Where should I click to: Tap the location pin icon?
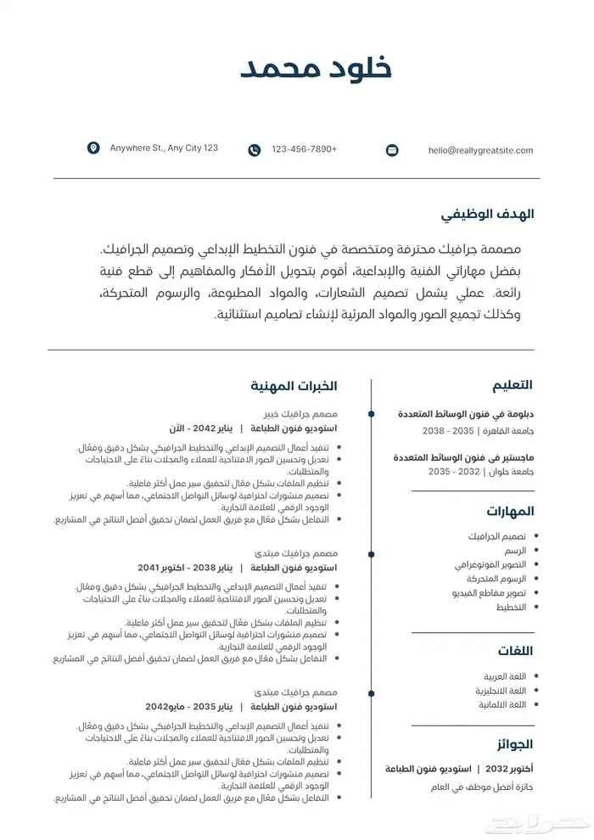coord(93,148)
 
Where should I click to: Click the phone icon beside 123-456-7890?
coord(255,150)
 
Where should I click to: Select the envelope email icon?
coord(392,150)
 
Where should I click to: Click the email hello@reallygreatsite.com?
coord(480,150)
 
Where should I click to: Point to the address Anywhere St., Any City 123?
coord(164,148)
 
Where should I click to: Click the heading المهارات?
coord(510,512)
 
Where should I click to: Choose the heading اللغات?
coord(515,651)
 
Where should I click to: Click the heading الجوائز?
coord(514,745)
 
